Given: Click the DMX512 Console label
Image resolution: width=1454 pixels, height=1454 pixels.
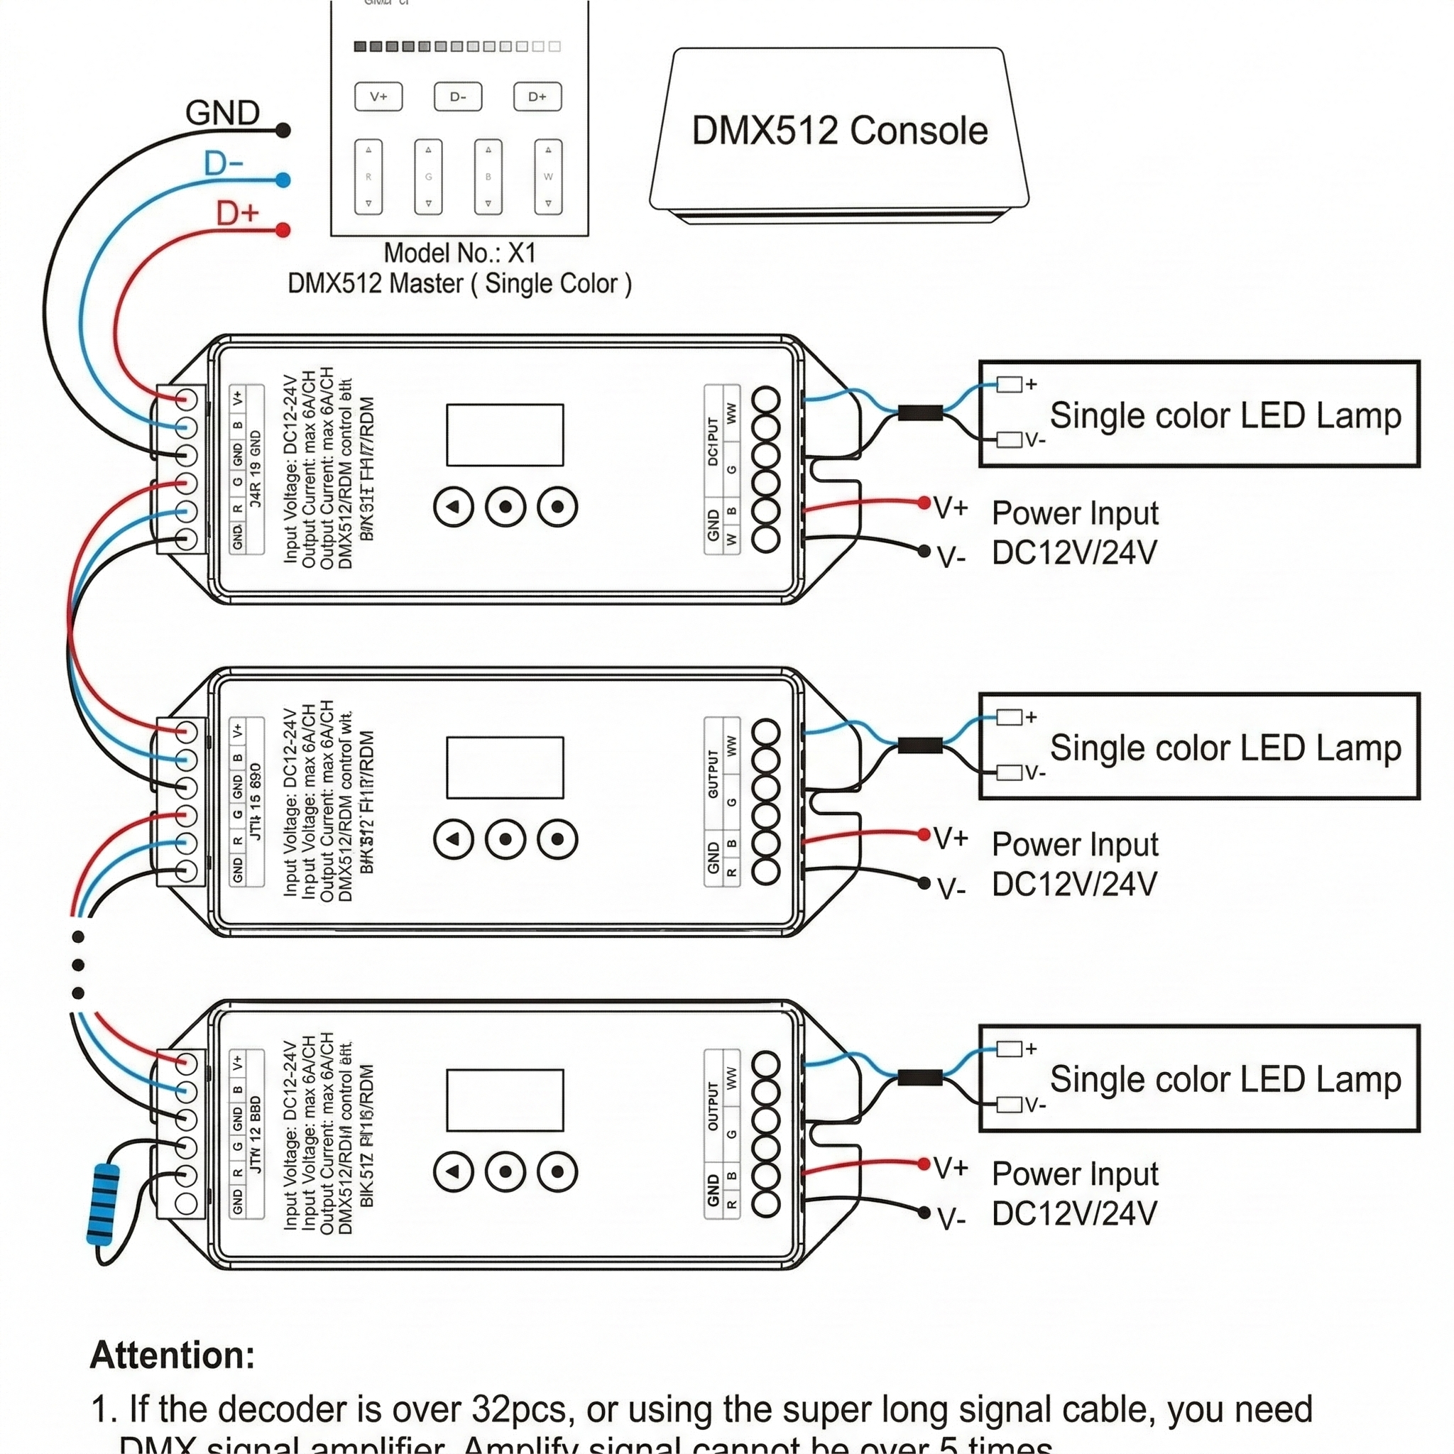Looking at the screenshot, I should (839, 131).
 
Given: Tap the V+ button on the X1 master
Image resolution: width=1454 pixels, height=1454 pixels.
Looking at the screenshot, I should (378, 97).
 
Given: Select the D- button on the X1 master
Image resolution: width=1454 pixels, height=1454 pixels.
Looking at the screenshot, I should (458, 97).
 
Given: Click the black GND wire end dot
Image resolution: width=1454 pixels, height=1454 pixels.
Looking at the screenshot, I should (283, 130).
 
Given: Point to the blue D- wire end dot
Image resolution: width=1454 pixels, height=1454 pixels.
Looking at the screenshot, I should (283, 180).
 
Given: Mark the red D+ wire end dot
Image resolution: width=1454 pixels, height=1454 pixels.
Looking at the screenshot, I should (283, 229).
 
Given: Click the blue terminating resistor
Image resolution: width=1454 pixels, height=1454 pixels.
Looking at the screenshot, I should (103, 1204).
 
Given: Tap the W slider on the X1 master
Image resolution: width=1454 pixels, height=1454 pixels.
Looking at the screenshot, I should (548, 177).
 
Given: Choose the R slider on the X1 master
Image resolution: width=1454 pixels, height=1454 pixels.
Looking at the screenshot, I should (368, 177).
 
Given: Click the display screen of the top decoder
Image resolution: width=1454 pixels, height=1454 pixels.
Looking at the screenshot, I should (504, 435).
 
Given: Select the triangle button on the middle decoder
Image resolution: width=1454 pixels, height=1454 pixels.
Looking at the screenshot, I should (453, 838).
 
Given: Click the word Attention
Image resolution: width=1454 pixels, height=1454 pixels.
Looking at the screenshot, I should (173, 1355).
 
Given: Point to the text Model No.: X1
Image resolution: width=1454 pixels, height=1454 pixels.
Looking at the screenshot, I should (459, 253).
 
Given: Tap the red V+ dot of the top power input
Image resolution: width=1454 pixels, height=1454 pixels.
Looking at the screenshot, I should (924, 503).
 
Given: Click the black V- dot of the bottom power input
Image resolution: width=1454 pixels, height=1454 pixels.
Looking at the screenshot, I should (924, 1212).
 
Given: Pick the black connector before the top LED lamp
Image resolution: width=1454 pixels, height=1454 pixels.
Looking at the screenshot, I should (919, 412).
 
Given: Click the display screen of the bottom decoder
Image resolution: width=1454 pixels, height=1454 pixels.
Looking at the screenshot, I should (504, 1100).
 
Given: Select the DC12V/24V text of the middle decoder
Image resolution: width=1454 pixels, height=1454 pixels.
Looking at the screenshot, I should (1074, 885).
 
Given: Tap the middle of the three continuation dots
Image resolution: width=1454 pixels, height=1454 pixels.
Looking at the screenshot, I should (78, 965).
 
